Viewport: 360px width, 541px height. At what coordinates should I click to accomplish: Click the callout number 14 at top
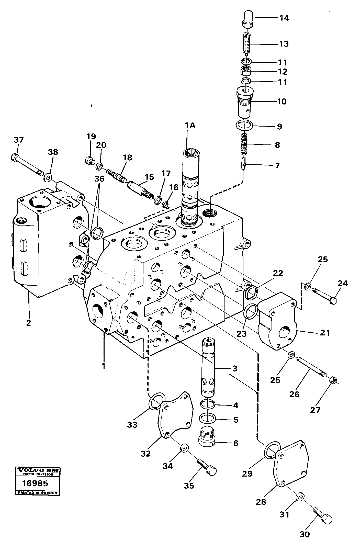284,18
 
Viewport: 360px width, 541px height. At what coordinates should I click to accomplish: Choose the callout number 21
325,333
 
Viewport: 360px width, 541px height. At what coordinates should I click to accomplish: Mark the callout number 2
28,323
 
